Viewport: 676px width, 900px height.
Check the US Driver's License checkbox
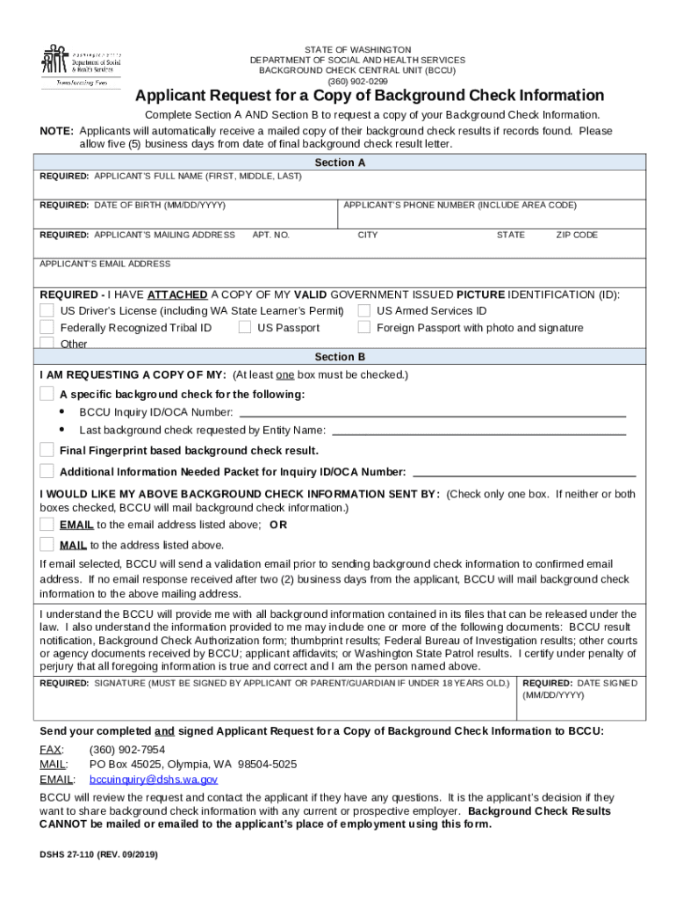tap(47, 311)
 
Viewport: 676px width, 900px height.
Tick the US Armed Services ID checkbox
tap(363, 311)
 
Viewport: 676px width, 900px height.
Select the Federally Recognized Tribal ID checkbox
tap(47, 328)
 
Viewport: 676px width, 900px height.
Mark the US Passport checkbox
tap(245, 328)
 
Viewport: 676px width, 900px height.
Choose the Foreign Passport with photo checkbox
tap(363, 328)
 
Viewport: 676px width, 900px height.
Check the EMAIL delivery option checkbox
tap(47, 525)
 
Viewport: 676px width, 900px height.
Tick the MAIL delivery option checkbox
tap(47, 545)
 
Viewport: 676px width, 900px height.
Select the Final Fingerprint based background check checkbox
tap(47, 450)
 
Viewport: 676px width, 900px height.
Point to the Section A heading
tap(339, 163)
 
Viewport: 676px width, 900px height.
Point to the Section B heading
tap(339, 357)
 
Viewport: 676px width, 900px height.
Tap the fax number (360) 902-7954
tap(127, 750)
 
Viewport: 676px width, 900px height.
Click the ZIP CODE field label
tap(576, 236)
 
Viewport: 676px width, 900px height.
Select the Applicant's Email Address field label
tap(105, 264)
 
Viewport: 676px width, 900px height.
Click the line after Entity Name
tap(478, 430)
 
